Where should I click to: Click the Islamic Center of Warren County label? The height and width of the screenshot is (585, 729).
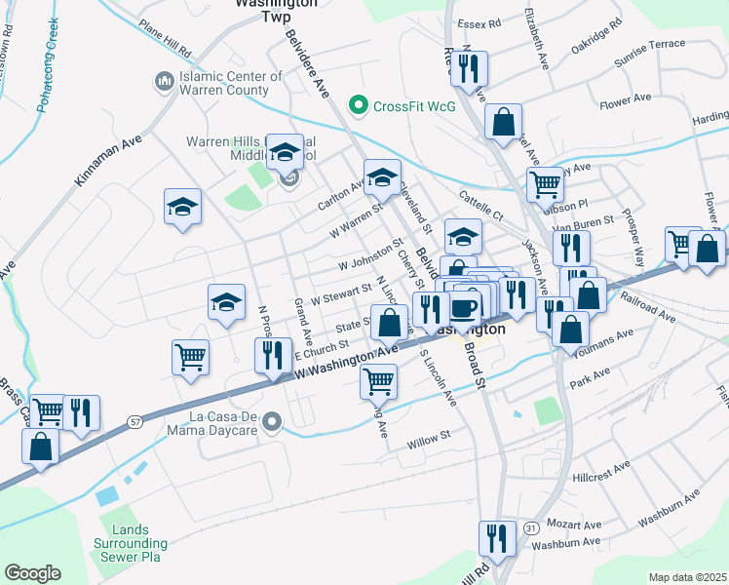point(222,82)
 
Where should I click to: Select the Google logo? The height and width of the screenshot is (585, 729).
point(32,572)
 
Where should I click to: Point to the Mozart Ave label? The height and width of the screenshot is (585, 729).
point(573,524)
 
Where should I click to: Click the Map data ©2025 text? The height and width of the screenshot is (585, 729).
point(688,577)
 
